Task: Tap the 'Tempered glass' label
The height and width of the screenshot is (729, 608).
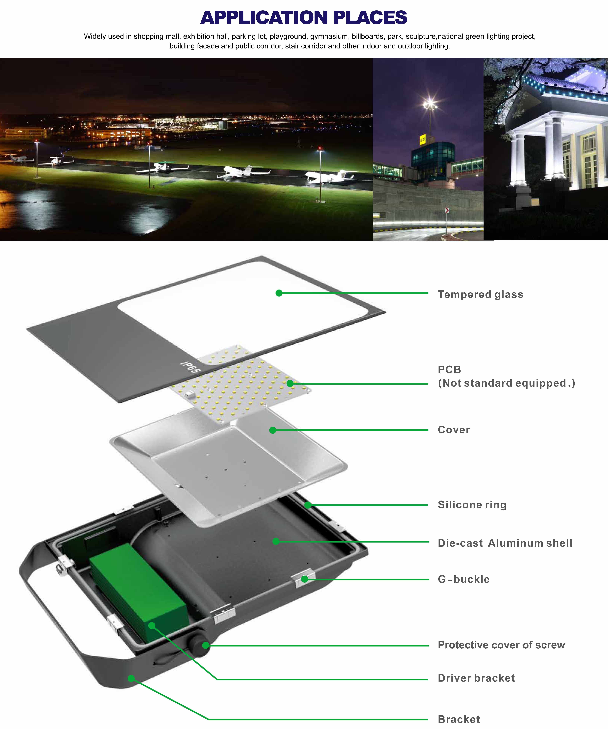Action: point(480,294)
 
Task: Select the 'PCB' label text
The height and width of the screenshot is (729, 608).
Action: point(449,369)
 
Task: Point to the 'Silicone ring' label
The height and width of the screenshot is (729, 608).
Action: point(472,505)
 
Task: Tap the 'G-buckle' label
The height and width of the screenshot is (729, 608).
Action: point(463,579)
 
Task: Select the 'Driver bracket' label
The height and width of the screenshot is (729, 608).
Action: point(476,678)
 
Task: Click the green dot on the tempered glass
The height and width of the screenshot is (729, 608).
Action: point(279,293)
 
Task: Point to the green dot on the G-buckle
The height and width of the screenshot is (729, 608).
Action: point(304,579)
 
